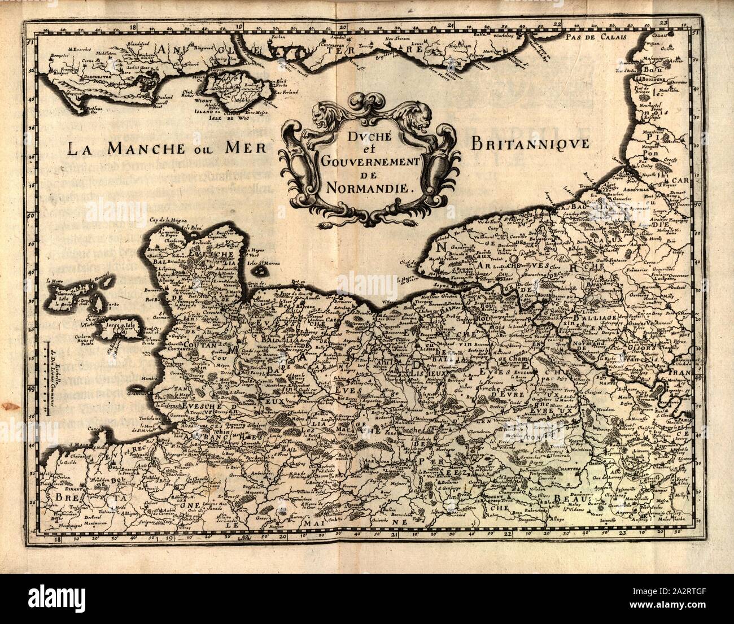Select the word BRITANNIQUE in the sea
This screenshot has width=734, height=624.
(528, 143)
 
